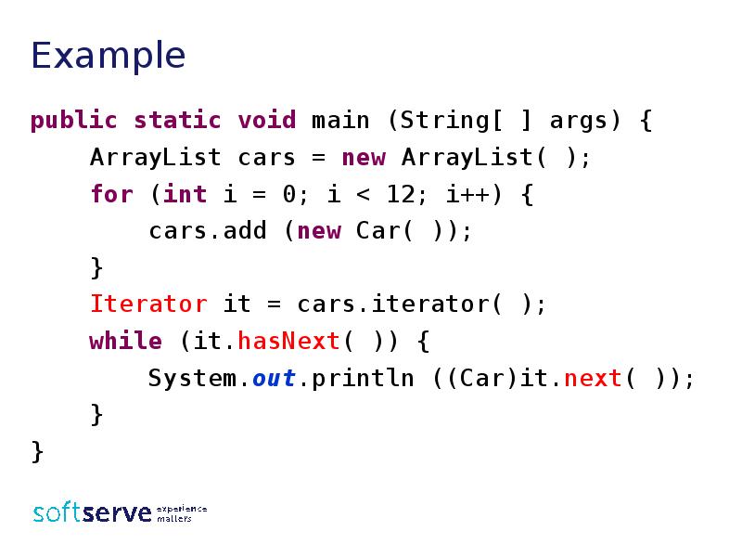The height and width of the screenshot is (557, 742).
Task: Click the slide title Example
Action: (x=108, y=57)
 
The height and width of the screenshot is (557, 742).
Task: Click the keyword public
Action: (x=73, y=121)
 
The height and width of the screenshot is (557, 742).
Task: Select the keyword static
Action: (x=177, y=120)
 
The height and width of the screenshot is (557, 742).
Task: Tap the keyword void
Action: (x=266, y=120)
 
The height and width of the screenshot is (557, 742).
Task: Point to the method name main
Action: (x=340, y=120)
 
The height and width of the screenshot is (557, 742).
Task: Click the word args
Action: (x=578, y=122)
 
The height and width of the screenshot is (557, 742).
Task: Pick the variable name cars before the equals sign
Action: (x=266, y=158)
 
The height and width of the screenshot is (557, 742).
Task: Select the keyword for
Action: (x=111, y=194)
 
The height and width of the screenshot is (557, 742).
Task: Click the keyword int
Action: (x=185, y=194)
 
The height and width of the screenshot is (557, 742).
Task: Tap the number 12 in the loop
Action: (x=402, y=194)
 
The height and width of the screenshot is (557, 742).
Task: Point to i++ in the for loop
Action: (x=467, y=194)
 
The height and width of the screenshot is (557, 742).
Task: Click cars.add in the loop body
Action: (x=208, y=230)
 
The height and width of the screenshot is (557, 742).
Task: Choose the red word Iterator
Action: (x=148, y=304)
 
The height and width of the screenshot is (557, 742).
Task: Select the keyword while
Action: (x=125, y=341)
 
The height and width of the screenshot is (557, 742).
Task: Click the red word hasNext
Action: (x=288, y=341)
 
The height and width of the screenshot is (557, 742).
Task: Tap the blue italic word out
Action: (x=274, y=378)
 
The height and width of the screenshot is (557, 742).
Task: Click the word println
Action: (x=363, y=379)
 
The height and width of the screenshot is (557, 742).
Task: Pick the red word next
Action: (x=593, y=378)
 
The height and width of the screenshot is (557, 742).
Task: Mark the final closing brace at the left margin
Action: (x=37, y=451)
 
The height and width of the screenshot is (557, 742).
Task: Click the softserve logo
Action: (x=120, y=512)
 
